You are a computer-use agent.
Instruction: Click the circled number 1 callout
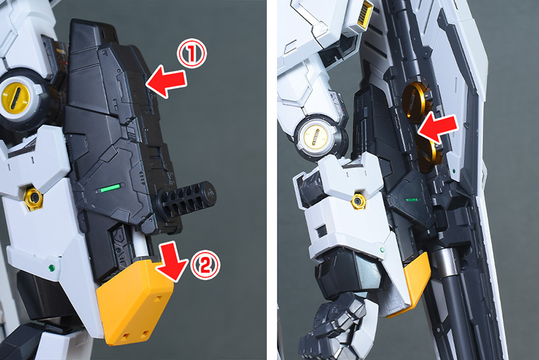(191, 53)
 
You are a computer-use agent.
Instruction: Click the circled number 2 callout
(205, 264)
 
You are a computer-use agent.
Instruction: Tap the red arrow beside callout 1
(166, 82)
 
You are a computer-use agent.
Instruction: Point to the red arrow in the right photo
(438, 128)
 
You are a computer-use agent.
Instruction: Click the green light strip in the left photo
(110, 187)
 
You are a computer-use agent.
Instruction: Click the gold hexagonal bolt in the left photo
(33, 198)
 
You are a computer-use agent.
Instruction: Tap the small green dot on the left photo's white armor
(52, 268)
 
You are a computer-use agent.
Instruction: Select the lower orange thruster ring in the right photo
(427, 153)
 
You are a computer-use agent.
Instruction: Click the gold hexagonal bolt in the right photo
(358, 201)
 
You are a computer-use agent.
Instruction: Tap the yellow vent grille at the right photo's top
(365, 14)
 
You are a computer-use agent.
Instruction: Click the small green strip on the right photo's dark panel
(412, 200)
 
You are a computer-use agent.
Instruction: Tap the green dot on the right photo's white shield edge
(454, 171)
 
